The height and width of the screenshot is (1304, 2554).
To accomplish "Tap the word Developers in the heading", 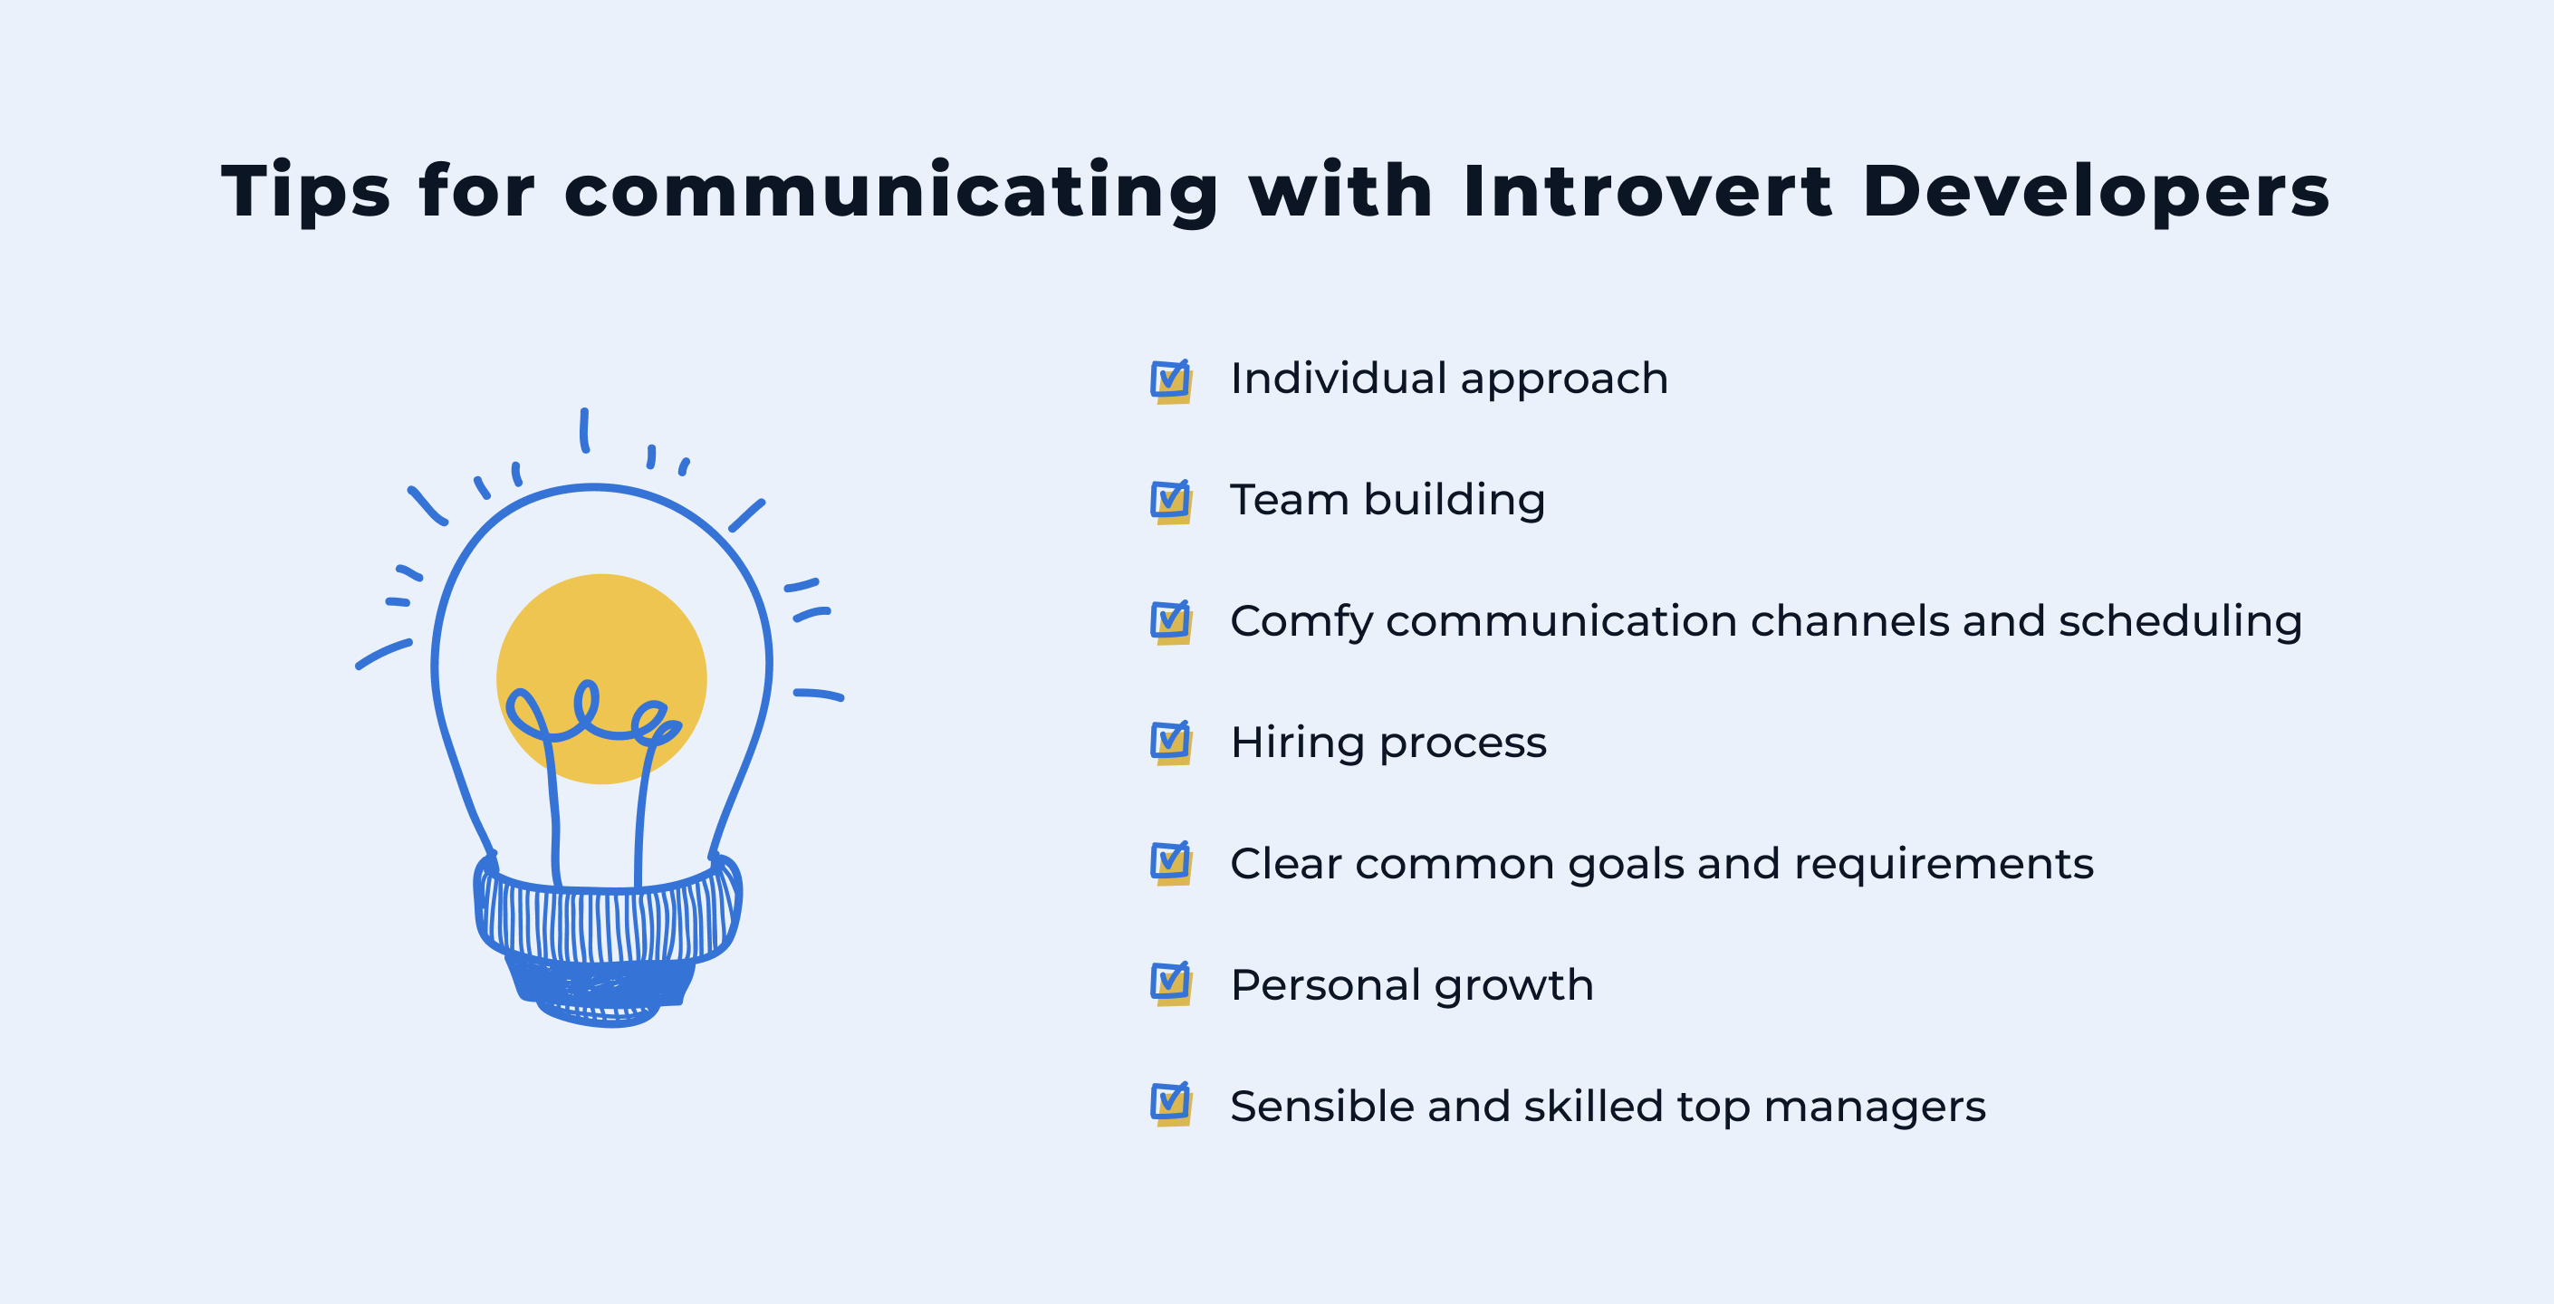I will [x=2095, y=190].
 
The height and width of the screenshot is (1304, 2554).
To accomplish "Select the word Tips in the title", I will [x=305, y=190].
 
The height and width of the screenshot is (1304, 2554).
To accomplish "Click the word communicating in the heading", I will [x=890, y=190].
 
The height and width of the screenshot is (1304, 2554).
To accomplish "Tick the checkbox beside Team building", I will [x=1171, y=502].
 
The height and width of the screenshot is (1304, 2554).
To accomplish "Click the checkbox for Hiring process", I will [x=1171, y=743].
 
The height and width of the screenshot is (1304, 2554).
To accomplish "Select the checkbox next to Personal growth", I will [x=1171, y=983].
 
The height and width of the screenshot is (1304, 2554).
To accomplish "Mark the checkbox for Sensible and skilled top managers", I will [x=1171, y=1105].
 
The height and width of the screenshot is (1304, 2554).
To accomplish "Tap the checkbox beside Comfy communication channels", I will [x=1171, y=623].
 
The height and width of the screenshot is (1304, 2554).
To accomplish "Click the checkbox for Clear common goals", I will [x=1171, y=864].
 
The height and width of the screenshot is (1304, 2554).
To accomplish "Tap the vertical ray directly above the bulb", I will [x=585, y=430].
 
